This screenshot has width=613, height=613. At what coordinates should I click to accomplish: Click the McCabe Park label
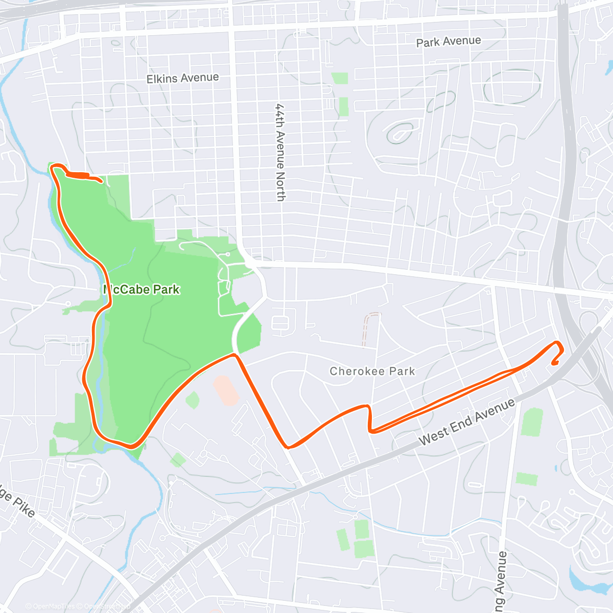click(x=142, y=290)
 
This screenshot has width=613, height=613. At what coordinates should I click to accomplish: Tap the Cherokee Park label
click(x=372, y=371)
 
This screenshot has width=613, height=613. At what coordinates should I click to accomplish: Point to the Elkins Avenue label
click(x=182, y=78)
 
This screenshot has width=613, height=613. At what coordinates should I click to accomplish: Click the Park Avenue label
click(x=449, y=41)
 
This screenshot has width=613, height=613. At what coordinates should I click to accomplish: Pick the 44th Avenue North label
click(x=280, y=152)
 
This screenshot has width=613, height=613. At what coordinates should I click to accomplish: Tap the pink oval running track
click(x=226, y=390)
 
